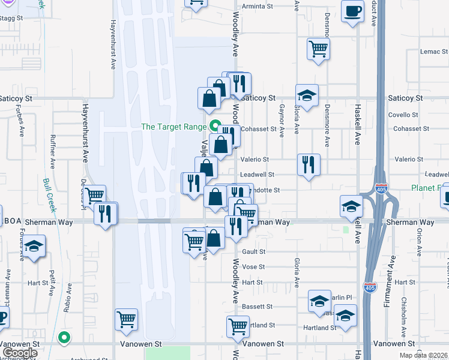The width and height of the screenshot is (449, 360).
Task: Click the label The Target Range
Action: coord(173,127)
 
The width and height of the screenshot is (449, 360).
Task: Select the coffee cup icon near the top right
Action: coord(353,11)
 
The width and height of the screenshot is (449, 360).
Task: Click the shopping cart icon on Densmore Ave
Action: coord(318,49)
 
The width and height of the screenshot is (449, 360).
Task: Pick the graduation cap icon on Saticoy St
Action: coord(307,95)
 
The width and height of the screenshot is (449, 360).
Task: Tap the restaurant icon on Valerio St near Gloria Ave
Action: coord(309,165)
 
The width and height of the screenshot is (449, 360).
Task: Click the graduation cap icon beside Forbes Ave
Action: coord(34,247)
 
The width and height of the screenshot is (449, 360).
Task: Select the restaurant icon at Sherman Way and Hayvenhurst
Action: coord(106,214)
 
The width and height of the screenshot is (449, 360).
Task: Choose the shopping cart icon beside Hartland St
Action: coord(238,327)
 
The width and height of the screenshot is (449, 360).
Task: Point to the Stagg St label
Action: coord(11,19)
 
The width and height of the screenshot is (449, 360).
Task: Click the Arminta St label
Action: coord(257,7)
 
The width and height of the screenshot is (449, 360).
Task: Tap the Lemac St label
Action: coord(430,52)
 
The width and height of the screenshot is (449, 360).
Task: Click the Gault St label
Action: coord(253,252)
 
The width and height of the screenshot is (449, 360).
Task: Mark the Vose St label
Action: coord(253,267)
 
